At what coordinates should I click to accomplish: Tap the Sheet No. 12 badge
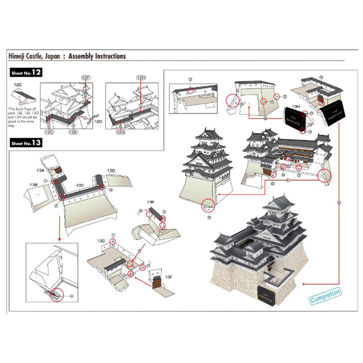[25, 73]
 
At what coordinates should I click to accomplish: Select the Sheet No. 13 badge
[25, 142]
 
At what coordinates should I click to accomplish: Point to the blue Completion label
[325, 296]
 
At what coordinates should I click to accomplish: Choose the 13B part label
[33, 185]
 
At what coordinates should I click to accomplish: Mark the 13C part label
[80, 185]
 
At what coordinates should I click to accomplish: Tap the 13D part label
[111, 170]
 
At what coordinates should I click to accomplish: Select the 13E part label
[151, 201]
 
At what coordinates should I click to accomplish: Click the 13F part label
[169, 276]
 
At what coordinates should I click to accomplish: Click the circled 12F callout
[87, 78]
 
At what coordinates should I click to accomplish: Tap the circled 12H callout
[140, 78]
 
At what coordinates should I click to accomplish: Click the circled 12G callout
[121, 132]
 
